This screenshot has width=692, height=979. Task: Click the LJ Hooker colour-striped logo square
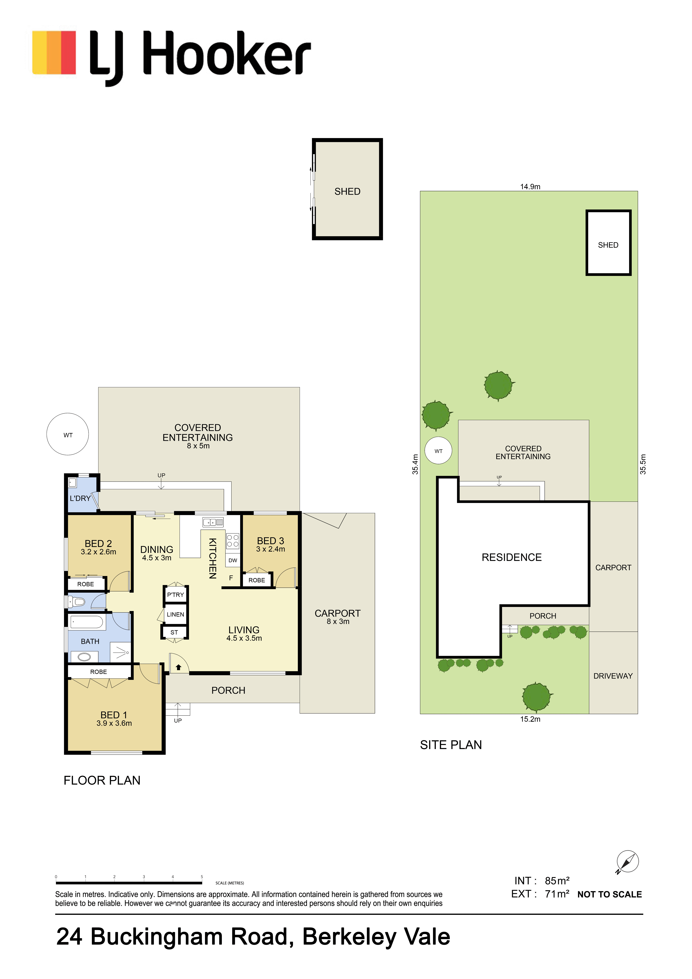pos(54,52)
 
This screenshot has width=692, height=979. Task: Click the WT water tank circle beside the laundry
pos(68,434)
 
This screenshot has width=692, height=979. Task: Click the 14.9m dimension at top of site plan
pos(530,187)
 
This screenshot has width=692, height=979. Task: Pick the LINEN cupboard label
pos(175,614)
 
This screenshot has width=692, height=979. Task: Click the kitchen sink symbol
pos(213,522)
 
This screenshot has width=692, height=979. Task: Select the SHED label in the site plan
pos(608,245)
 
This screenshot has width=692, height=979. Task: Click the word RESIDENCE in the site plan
pos(512,557)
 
